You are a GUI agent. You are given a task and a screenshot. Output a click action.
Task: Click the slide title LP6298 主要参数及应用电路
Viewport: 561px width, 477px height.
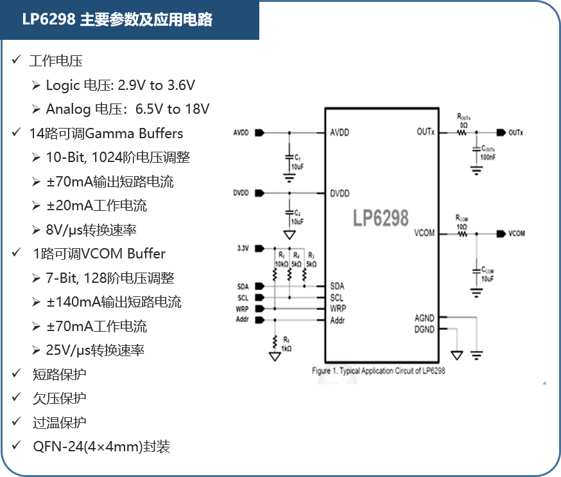[117, 20]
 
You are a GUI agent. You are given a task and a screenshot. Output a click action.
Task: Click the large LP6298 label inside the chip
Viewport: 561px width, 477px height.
[380, 219]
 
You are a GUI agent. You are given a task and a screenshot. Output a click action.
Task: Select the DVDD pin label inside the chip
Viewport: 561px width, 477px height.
[340, 193]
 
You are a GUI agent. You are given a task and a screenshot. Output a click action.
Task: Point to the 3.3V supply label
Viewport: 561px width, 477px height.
[242, 248]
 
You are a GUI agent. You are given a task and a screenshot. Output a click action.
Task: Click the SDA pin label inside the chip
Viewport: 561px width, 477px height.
[337, 286]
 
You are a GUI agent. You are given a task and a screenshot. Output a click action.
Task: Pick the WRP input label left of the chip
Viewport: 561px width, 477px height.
[242, 309]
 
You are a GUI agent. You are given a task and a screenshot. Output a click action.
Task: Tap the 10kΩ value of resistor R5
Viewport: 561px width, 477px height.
[281, 264]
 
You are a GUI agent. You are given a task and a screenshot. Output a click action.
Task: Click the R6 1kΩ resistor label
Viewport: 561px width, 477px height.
[286, 344]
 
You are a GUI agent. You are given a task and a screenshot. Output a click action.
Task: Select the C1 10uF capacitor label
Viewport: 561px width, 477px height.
[297, 161]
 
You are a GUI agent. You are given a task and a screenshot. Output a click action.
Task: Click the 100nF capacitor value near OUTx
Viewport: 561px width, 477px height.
[488, 157]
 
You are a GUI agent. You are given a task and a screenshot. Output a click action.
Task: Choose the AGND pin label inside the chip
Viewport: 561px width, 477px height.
[424, 318]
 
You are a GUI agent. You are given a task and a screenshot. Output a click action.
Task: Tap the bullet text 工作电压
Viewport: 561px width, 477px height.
[56, 61]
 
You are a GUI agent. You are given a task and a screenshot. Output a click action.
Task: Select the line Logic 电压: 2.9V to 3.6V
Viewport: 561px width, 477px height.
[120, 85]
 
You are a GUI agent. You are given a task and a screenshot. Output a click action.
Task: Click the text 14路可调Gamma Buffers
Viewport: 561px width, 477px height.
[106, 134]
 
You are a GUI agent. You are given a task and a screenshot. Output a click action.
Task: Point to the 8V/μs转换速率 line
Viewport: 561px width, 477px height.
[91, 230]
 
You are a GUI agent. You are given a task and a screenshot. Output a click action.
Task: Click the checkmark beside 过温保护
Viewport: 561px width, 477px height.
[15, 422]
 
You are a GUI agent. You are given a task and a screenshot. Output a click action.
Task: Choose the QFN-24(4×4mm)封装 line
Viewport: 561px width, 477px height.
[101, 447]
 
